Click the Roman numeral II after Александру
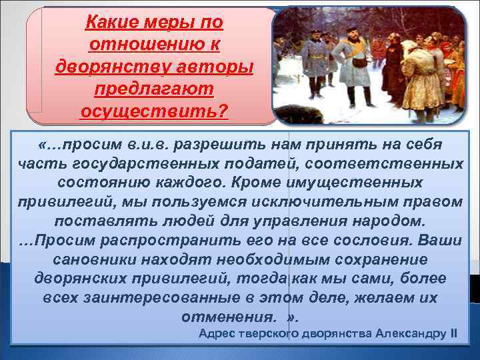453,333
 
